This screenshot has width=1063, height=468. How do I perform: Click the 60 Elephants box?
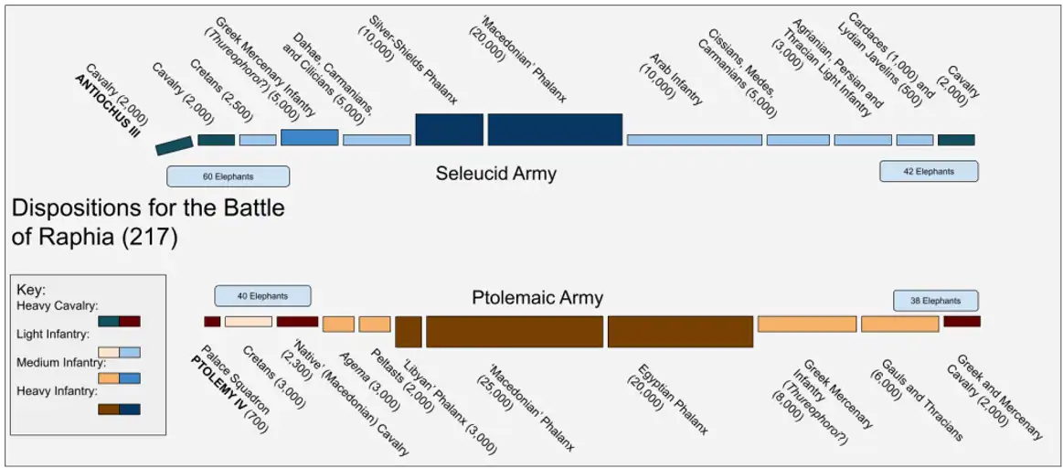pos(228,176)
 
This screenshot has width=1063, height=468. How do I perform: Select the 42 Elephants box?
pos(929,171)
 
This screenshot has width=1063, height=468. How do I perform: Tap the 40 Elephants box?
pos(263,296)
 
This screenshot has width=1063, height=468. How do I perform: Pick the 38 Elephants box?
pos(936,301)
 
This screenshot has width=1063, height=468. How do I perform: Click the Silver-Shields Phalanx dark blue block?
pos(449,130)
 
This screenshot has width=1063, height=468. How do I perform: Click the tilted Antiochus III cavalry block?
pos(175,145)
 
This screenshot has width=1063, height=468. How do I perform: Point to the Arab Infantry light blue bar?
pos(695,140)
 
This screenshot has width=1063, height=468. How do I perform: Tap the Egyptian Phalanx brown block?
pos(680,332)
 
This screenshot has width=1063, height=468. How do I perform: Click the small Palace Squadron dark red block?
pos(212,322)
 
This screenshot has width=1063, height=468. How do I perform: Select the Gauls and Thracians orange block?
pos(900,324)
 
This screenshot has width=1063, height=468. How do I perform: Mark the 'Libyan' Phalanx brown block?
pos(409,332)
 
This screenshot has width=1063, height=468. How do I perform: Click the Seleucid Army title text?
pos(495,175)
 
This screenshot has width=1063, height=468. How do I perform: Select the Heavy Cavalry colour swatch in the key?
pos(120,322)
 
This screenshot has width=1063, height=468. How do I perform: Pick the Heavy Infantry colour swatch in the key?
pos(120,409)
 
